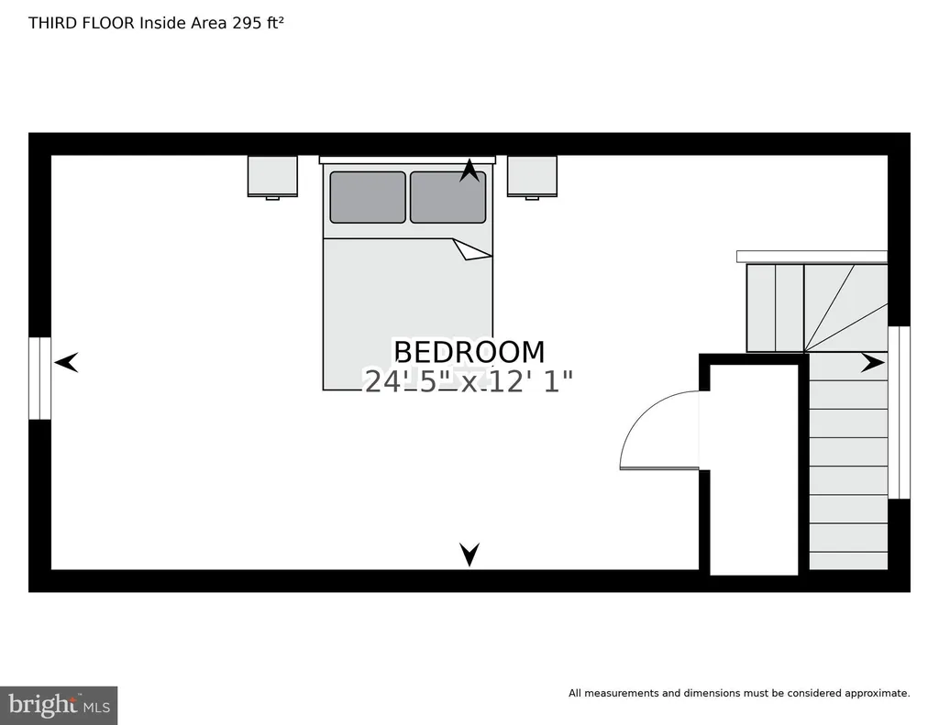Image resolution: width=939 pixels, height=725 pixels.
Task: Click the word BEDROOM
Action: [x=469, y=352]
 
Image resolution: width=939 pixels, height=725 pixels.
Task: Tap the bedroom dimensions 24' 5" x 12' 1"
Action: [x=469, y=381]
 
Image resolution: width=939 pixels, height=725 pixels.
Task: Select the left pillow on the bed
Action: [x=368, y=198]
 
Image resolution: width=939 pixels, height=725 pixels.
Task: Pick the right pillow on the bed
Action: [x=447, y=198]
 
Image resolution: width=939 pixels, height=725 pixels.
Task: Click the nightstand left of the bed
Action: [x=272, y=177]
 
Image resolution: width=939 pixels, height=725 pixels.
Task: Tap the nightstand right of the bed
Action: [x=533, y=177]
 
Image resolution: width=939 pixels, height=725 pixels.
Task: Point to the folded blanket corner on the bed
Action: [x=471, y=249]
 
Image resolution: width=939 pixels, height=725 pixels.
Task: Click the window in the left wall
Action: [x=40, y=379]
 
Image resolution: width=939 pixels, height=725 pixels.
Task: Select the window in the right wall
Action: [x=899, y=412]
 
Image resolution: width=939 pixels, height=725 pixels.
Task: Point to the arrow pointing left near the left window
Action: [x=66, y=362]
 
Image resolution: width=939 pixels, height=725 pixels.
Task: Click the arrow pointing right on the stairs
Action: [x=873, y=362]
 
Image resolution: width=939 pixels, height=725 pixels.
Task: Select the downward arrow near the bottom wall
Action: [x=469, y=554]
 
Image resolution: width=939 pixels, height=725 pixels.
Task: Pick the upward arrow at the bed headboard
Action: [x=469, y=170]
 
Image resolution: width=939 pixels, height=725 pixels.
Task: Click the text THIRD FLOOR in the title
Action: [x=82, y=23]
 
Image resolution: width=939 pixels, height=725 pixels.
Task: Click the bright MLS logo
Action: [x=59, y=705]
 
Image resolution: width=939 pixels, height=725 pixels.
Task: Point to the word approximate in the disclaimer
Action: [x=877, y=693]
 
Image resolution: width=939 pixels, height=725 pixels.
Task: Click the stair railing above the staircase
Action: [x=812, y=257]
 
